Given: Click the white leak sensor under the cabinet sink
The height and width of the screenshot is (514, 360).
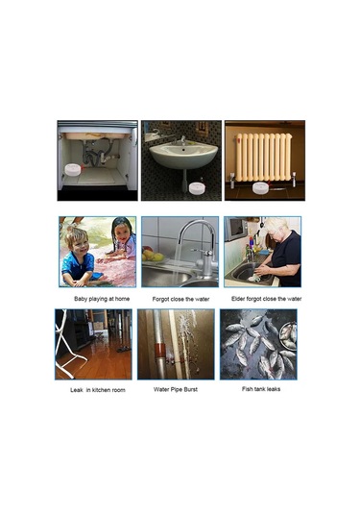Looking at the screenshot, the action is click(73, 169).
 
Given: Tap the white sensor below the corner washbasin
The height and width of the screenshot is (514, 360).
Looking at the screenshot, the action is click(197, 188).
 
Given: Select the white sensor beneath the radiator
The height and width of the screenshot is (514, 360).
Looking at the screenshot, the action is click(260, 187).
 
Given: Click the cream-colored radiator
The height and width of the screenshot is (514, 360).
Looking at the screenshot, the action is click(264, 158).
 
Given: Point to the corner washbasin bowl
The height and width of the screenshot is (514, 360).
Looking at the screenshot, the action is click(183, 155).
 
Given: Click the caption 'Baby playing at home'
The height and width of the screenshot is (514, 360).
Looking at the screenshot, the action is click(102, 299).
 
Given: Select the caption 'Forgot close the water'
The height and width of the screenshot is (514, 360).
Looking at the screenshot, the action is click(180, 299).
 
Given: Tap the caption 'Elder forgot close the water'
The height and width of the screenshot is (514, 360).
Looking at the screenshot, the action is click(266, 299).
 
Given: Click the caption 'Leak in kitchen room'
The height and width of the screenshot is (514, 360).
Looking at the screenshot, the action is click(98, 390).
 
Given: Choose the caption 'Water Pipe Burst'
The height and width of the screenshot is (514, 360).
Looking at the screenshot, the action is click(176, 389).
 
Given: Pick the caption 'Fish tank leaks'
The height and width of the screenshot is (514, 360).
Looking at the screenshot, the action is click(261, 389).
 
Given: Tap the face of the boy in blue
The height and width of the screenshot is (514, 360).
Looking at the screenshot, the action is click(80, 245).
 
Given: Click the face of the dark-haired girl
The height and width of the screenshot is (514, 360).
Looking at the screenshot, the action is click(123, 233).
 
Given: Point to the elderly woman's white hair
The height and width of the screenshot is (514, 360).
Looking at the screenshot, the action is click(277, 225).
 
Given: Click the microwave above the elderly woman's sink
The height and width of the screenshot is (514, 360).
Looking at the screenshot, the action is click(236, 229).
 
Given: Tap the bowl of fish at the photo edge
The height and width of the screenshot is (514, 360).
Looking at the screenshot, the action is click(289, 336).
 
